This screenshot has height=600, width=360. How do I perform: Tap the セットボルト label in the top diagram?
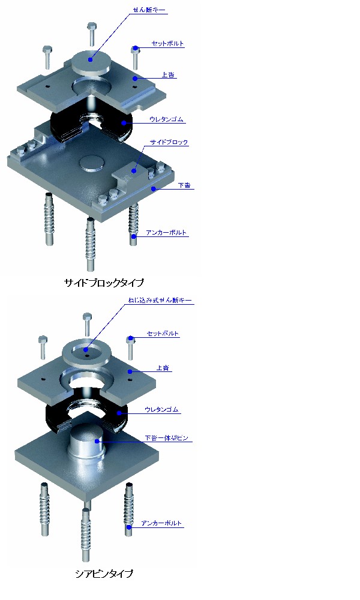click(x=167, y=44)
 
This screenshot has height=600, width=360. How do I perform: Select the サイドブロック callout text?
click(x=169, y=143)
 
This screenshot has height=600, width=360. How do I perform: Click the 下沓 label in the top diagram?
click(x=184, y=187)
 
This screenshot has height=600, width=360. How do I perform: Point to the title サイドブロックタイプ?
click(x=104, y=282)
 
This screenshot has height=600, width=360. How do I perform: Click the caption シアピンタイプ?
click(x=104, y=574)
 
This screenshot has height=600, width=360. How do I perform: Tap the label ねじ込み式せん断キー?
click(x=160, y=300)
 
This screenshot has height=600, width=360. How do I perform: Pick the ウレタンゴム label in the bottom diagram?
click(x=162, y=410)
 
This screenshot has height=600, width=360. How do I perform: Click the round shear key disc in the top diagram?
click(x=91, y=61)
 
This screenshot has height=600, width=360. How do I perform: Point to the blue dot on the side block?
click(x=136, y=171)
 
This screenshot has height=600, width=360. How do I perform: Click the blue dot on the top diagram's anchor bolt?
click(x=134, y=236)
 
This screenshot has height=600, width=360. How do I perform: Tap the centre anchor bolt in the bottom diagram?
click(x=86, y=528)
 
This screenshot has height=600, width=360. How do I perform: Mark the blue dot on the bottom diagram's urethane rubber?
click(x=119, y=413)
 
